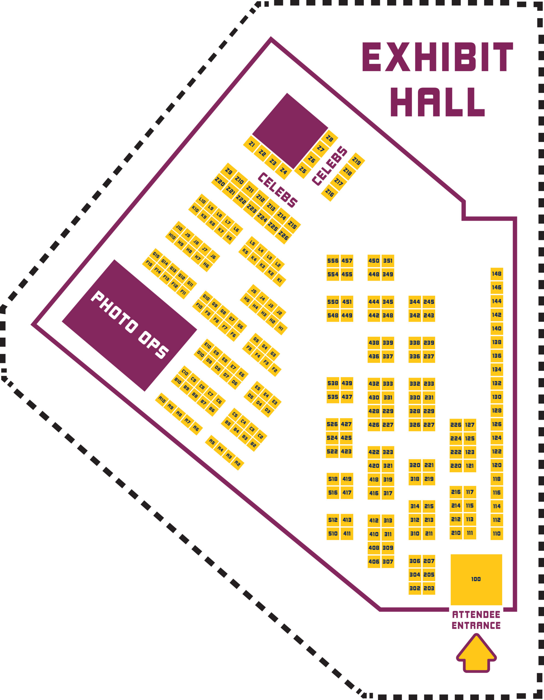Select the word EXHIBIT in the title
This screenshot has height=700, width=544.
coord(438,57)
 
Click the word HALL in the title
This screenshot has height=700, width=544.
coord(438,102)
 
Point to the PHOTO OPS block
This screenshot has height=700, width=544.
coord(130,325)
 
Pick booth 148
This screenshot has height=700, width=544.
coord(497,274)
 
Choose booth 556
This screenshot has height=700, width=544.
coord(333,261)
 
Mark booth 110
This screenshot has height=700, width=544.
coord(497,534)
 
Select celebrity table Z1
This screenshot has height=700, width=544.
coord(252,144)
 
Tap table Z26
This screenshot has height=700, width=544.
coord(283,236)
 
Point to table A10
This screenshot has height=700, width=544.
coord(162,400)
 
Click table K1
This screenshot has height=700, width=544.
coord(279,280)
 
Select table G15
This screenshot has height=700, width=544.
coord(156,255)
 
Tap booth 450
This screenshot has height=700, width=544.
coord(374,261)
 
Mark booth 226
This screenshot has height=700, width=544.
coord(456,425)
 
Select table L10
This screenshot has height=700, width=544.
coord(202,201)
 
